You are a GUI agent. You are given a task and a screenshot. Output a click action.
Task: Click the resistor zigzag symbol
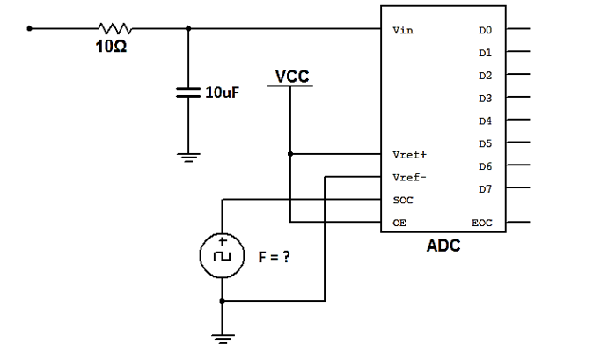pos(114,28)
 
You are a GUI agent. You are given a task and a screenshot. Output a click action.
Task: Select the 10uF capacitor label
pos(223,92)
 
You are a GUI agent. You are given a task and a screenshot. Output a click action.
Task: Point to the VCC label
pos(291,77)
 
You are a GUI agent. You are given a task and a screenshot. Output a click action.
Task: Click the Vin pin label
pos(403,30)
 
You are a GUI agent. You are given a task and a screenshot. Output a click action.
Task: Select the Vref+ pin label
pos(408,154)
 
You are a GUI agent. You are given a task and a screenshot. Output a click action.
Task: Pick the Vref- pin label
pos(408,177)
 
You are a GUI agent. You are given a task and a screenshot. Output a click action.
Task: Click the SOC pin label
pos(402,200)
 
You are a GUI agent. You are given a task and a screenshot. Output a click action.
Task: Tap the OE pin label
pos(399,223)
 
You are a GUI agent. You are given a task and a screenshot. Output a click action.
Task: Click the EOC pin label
pos(482,223)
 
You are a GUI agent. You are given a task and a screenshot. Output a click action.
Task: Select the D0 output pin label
pos(485,30)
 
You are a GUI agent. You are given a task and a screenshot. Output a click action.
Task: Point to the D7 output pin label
pos(485,188)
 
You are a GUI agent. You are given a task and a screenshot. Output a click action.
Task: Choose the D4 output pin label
pos(485,121)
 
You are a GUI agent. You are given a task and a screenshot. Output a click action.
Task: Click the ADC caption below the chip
pos(443,246)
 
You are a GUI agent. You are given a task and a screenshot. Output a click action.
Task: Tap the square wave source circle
pos(222,256)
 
